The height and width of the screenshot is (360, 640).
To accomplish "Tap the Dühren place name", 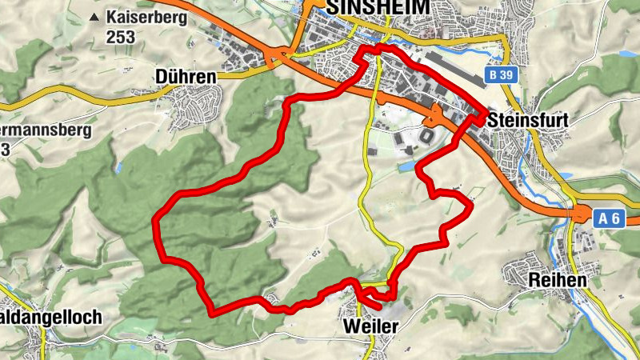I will click(x=186, y=77).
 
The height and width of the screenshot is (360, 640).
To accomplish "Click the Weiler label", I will click(x=370, y=328).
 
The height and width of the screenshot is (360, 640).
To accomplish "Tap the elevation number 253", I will click(x=119, y=37).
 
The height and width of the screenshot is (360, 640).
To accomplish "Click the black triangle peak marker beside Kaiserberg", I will click(x=96, y=17).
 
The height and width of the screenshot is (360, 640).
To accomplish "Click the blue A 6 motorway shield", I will click(x=610, y=218).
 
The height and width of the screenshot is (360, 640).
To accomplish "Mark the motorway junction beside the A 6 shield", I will click(x=578, y=214).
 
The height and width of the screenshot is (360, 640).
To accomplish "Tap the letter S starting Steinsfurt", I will click(x=493, y=119).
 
